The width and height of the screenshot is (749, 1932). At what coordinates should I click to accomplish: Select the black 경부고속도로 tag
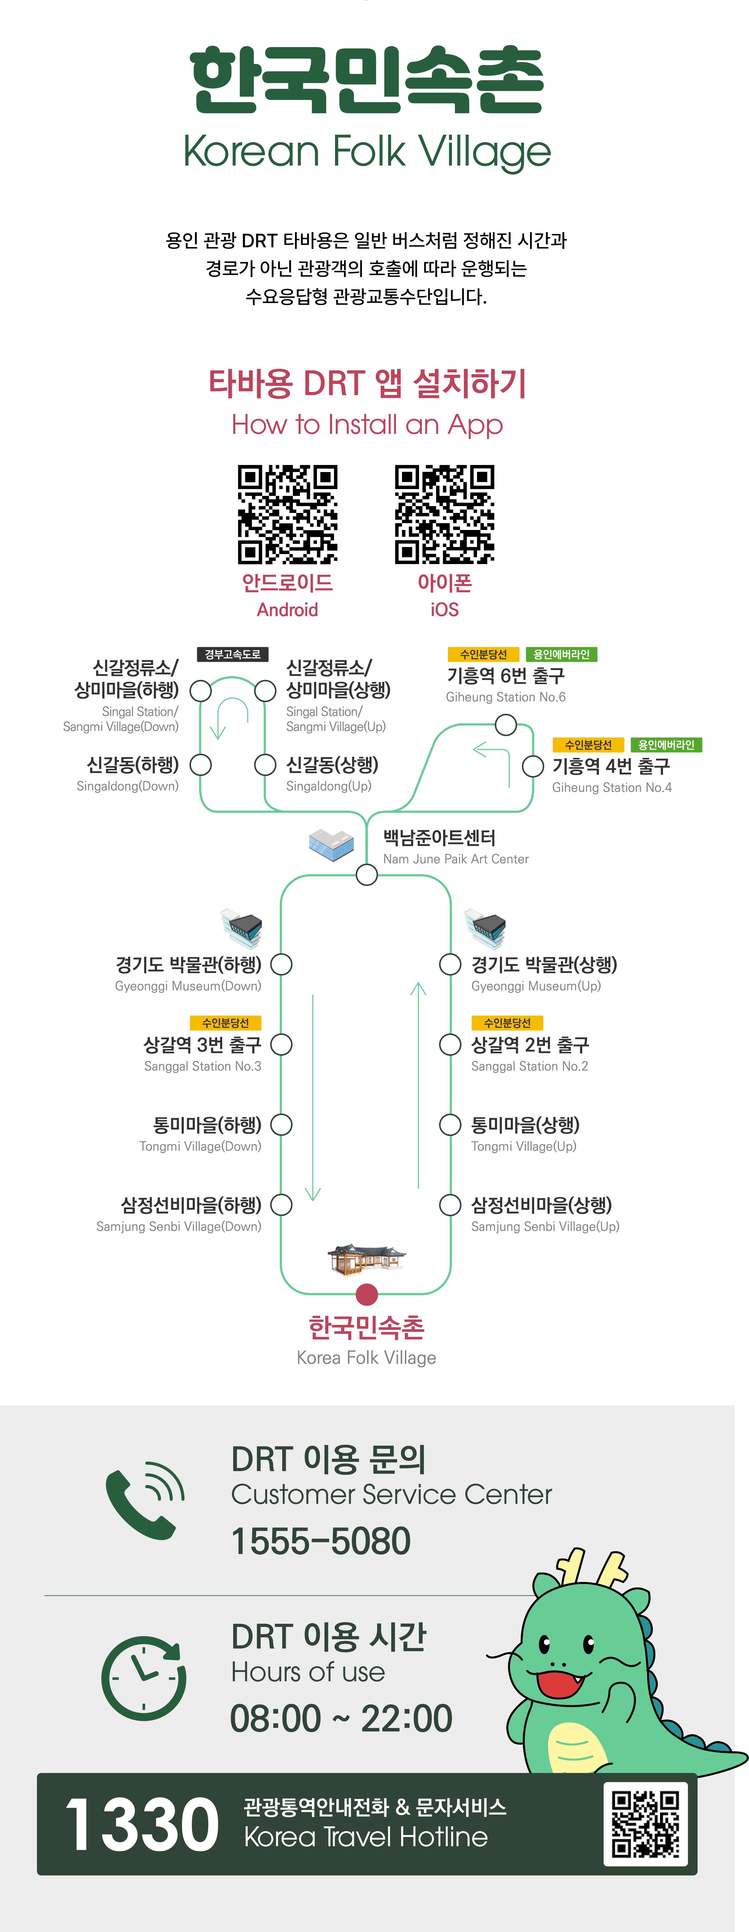(233, 654)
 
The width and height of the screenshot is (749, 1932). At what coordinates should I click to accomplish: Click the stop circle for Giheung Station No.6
(506, 724)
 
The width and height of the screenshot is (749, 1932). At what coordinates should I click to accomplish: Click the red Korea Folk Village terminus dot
(366, 1294)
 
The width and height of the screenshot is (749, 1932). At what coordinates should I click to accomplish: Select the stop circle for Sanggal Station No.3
(281, 1044)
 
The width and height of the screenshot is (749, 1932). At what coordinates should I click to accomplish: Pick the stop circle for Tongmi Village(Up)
(450, 1124)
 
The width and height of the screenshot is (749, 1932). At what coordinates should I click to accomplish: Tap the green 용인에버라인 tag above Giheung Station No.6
(561, 654)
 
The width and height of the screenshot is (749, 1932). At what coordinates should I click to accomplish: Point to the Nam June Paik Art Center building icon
(331, 844)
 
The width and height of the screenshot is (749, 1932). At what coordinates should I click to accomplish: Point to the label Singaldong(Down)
(128, 786)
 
